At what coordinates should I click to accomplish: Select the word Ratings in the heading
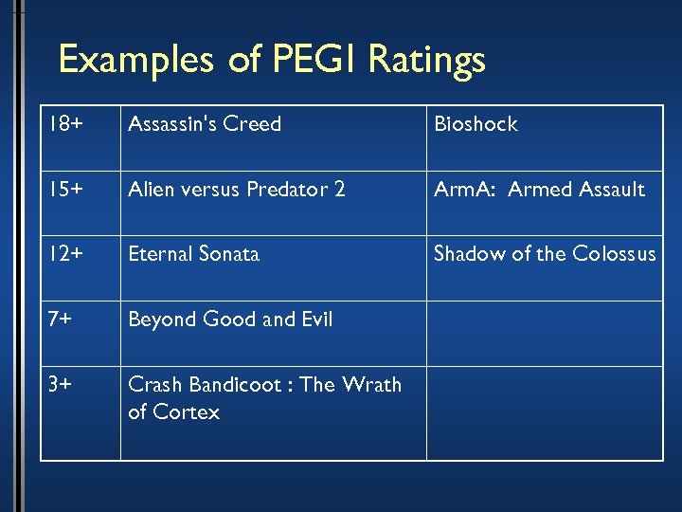click(426, 61)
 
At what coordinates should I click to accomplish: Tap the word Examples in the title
click(138, 61)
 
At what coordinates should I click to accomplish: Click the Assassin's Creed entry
click(205, 124)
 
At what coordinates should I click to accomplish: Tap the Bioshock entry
click(476, 124)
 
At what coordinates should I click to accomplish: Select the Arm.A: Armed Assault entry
click(539, 190)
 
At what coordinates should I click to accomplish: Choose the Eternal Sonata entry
click(193, 254)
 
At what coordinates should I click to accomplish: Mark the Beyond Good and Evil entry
click(230, 320)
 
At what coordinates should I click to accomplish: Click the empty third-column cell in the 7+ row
click(545, 334)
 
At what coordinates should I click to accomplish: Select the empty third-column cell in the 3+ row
click(545, 413)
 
